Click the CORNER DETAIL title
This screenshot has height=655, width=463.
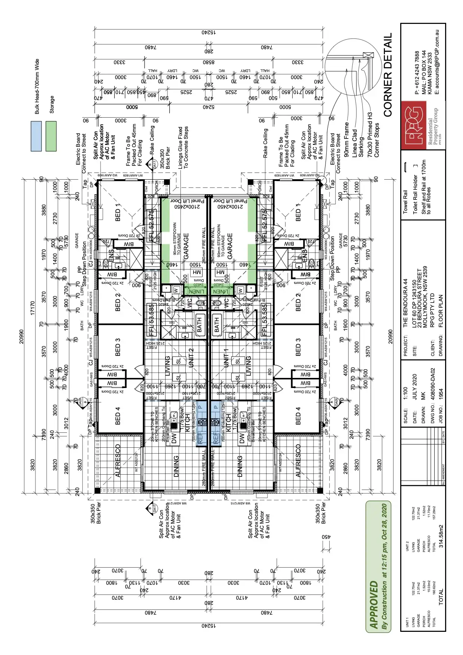tap(388, 75)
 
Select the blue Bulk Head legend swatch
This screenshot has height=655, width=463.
tap(36, 136)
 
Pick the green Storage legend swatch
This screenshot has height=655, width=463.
tap(51, 136)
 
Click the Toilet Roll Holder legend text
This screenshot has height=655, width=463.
tap(415, 194)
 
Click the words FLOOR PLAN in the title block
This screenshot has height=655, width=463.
tap(441, 311)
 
